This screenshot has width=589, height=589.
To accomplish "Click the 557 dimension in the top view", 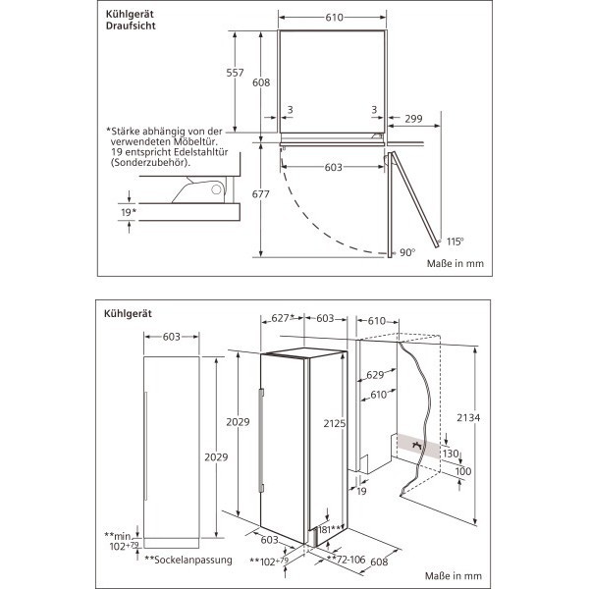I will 234,75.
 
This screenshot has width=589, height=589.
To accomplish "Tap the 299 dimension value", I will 413,120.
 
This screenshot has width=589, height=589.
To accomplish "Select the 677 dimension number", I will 260,194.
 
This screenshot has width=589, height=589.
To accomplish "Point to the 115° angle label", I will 455,241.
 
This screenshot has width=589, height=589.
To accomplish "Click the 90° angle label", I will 407,252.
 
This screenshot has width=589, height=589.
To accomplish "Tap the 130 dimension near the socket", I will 451,454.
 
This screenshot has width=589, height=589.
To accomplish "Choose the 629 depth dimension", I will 374,376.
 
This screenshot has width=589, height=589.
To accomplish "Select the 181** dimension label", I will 330,530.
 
